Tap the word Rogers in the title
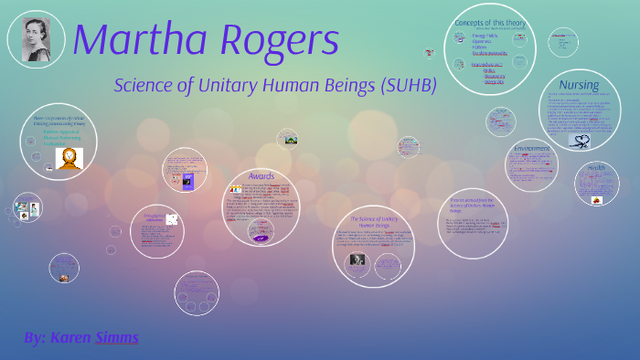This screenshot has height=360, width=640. coord(273,39)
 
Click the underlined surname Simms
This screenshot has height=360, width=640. coord(116,338)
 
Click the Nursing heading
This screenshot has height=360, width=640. coord(579,86)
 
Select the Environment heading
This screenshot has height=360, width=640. coord(531,148)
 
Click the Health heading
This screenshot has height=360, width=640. coord(596,167)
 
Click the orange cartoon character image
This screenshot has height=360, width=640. coord(69,157)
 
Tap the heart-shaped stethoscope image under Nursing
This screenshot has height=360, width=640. coord(580,140)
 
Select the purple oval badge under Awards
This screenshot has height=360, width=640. coord(261,238)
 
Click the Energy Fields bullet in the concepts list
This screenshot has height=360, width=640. coord(485,36)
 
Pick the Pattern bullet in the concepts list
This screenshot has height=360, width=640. coord(481,46)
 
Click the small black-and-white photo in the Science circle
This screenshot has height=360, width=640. coord(357,260)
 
